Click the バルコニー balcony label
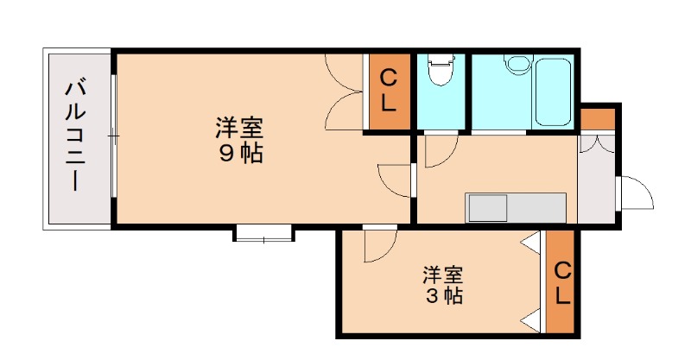click(x=75, y=136)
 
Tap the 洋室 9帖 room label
click(x=239, y=142)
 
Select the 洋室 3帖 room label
click(x=442, y=286)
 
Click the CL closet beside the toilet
click(x=389, y=92)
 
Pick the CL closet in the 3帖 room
click(x=561, y=284)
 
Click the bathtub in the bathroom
click(x=553, y=90)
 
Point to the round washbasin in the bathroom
click(x=517, y=66)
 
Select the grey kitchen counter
click(x=516, y=208)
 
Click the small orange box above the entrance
click(x=597, y=117)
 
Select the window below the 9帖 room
click(x=263, y=232)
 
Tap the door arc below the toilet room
click(x=436, y=152)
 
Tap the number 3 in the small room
click(x=429, y=296)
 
